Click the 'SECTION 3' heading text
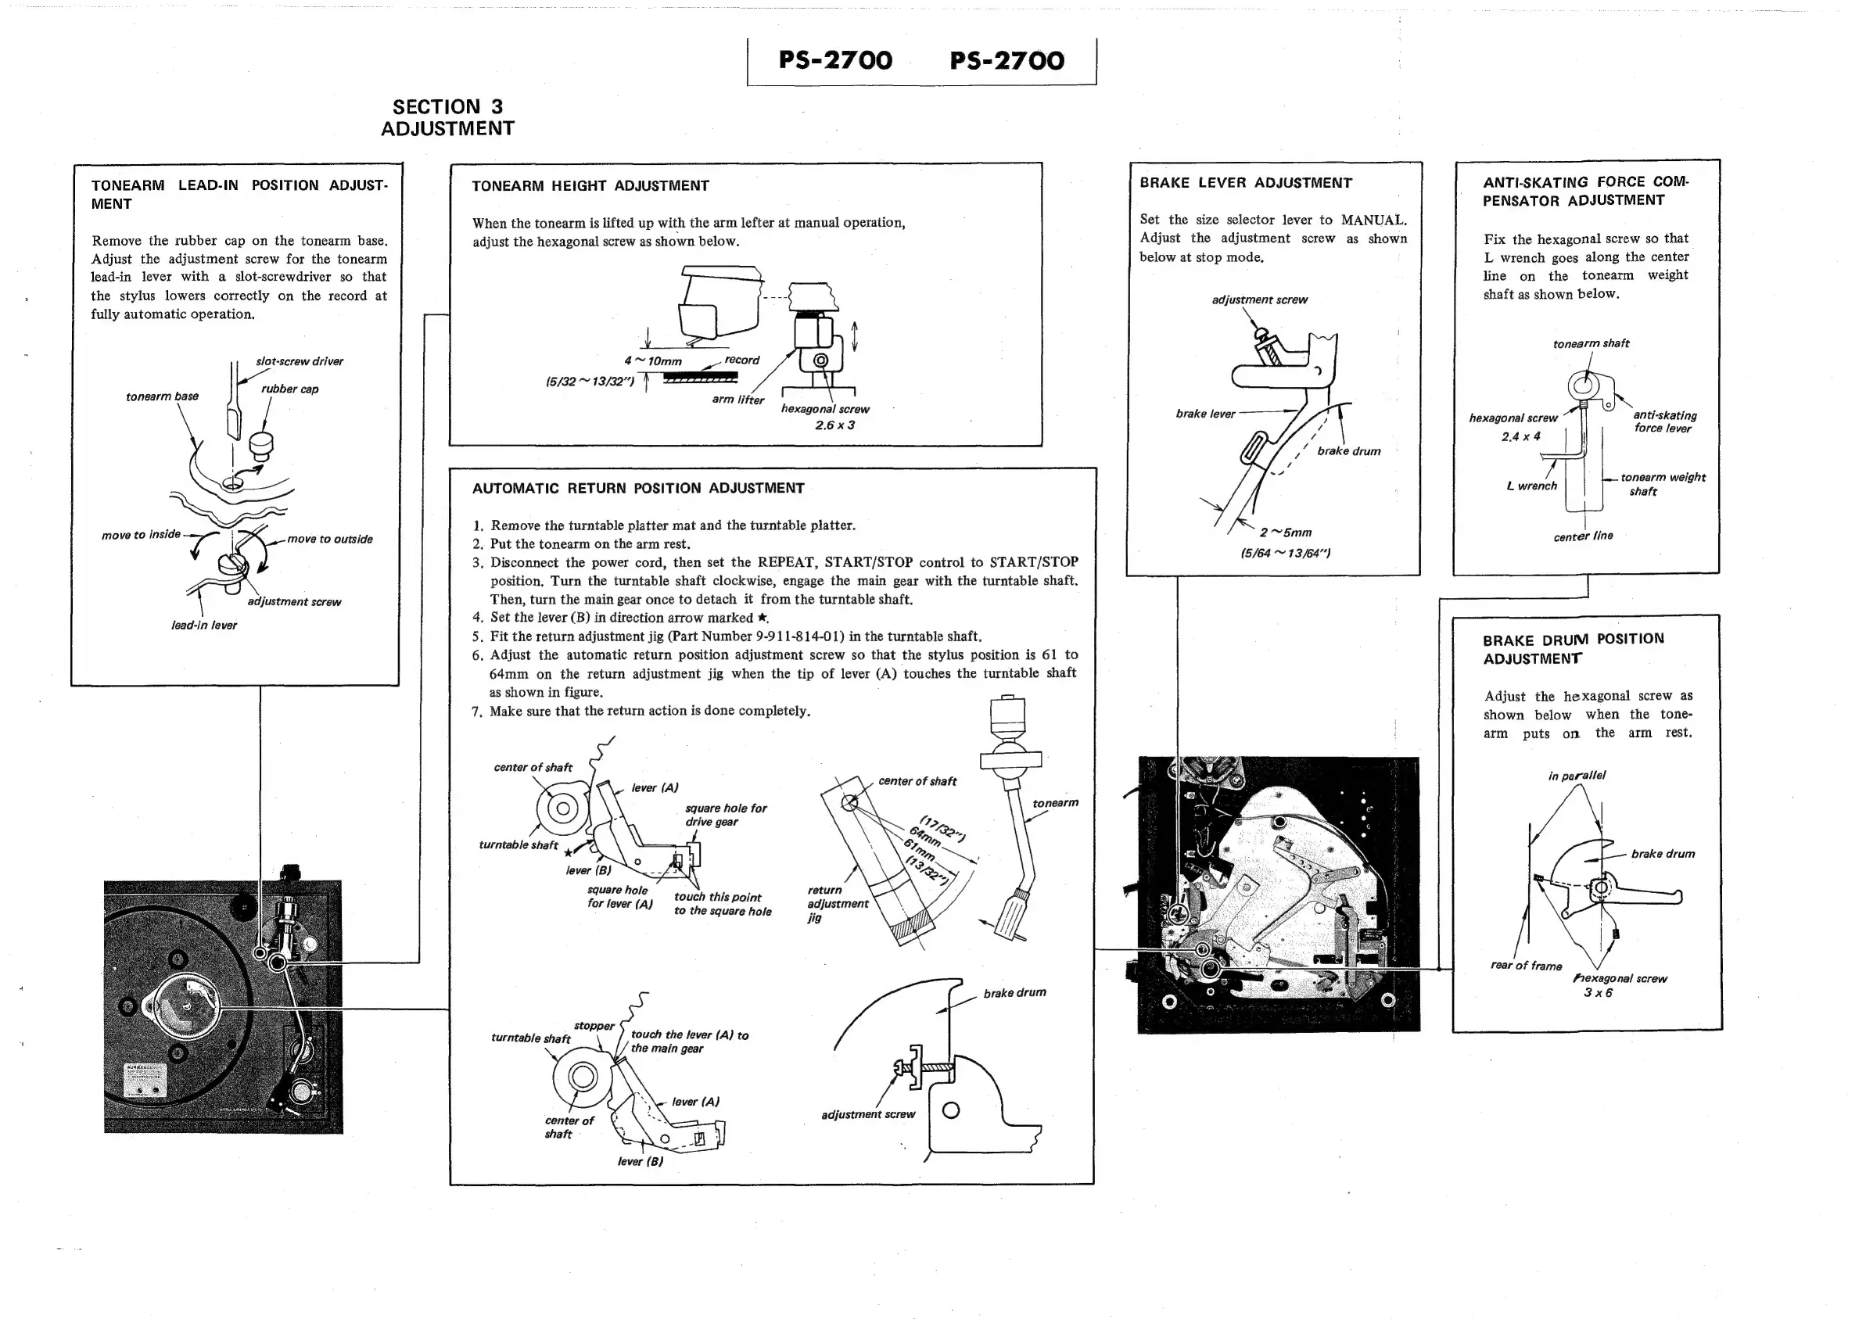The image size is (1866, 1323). click(447, 106)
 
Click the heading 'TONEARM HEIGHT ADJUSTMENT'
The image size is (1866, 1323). click(590, 186)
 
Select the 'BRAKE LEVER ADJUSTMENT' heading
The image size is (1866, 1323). click(1245, 183)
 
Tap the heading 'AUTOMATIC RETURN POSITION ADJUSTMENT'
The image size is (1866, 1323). click(638, 488)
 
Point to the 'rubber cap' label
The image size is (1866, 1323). click(289, 389)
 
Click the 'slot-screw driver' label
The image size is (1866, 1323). click(299, 362)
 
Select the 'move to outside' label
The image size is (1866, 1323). click(329, 540)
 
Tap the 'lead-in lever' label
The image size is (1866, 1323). click(203, 626)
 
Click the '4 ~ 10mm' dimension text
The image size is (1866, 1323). click(653, 361)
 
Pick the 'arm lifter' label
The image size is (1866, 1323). click(737, 400)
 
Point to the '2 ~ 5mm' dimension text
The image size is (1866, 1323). click(1286, 532)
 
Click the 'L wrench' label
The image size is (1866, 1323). click(1531, 486)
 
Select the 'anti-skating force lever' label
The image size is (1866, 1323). click(1664, 422)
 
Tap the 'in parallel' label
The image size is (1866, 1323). click(1577, 776)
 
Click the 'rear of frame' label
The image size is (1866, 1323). click(1525, 966)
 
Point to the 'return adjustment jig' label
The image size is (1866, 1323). click(837, 903)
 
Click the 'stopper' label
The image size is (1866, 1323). click(594, 1026)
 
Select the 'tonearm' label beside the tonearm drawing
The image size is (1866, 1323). click(1054, 803)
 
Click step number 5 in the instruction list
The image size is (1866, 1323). click(478, 637)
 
